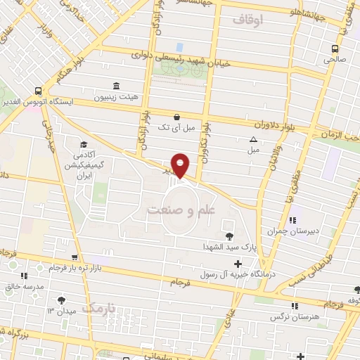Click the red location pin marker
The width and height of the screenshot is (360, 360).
[x=181, y=165]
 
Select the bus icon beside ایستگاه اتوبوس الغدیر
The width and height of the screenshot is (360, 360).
[x=37, y=90]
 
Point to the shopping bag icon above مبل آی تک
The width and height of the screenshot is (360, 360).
[x=176, y=117]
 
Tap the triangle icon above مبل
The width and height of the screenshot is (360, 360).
[x=253, y=139]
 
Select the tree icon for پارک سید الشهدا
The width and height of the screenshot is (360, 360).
[x=229, y=236]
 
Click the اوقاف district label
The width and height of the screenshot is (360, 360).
[x=247, y=22]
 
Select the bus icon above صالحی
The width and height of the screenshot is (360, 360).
[x=335, y=49]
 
